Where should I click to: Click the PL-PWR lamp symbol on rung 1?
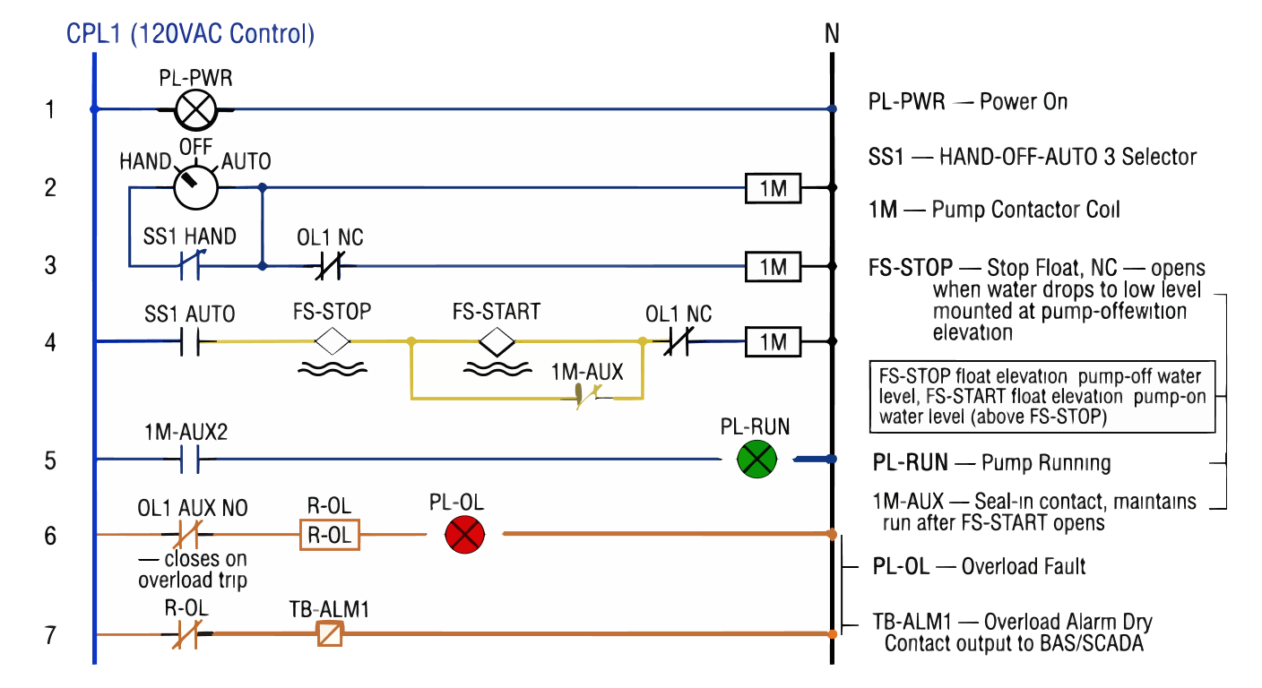(195, 110)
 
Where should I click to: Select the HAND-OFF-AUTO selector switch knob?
(194, 187)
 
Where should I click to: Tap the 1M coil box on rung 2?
(773, 189)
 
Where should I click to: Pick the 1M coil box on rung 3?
(773, 267)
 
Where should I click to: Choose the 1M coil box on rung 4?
(773, 341)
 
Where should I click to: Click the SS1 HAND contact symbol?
(189, 265)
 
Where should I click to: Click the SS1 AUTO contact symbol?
(189, 341)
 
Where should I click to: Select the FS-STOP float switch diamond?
(332, 341)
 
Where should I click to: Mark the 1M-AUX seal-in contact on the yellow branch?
(588, 396)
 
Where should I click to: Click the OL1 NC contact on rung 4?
(678, 341)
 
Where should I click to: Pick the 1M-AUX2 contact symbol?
(187, 460)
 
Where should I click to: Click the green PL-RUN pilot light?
(756, 459)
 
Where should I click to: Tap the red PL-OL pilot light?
(464, 536)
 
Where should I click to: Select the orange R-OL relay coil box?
(329, 536)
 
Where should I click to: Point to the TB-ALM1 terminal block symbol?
(329, 635)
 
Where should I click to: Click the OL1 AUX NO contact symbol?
(187, 535)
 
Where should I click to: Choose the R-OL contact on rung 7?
(187, 635)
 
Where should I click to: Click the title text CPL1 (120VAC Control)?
(190, 35)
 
